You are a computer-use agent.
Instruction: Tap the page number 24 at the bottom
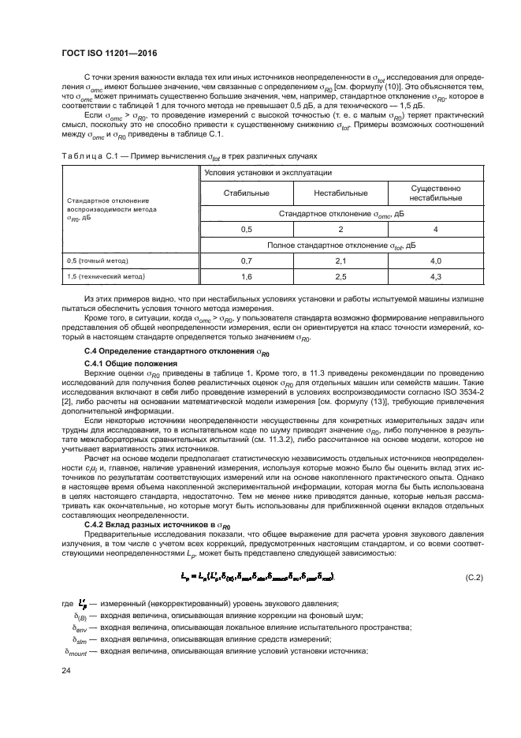click(66, 670)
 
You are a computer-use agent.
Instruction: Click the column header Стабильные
click(246, 193)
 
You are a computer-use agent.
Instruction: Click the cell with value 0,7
click(246, 260)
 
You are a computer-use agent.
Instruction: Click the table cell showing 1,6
click(246, 277)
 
